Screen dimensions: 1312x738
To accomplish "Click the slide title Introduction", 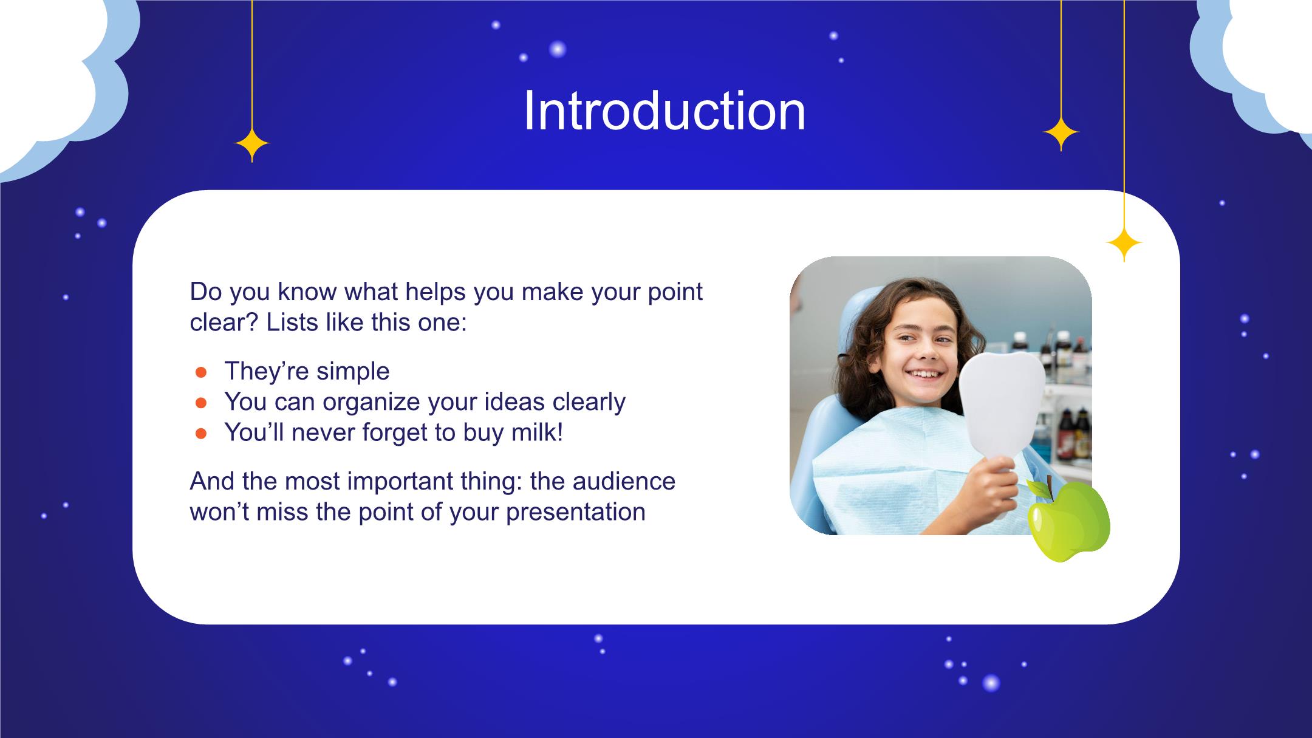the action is pos(664,111).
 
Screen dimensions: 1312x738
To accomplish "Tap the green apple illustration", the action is pos(1069,521).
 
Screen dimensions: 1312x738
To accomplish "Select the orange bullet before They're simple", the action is pos(202,372).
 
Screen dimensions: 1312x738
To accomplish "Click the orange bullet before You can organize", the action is pos(202,403).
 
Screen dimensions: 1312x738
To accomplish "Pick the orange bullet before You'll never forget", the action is pos(202,434).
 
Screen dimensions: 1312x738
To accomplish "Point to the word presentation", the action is pos(575,513).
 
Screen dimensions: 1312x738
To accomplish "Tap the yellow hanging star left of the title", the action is pos(252,145).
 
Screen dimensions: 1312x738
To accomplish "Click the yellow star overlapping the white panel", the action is pos(1124,244).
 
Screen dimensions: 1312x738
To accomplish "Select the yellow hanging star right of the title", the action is pos(1061,133).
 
